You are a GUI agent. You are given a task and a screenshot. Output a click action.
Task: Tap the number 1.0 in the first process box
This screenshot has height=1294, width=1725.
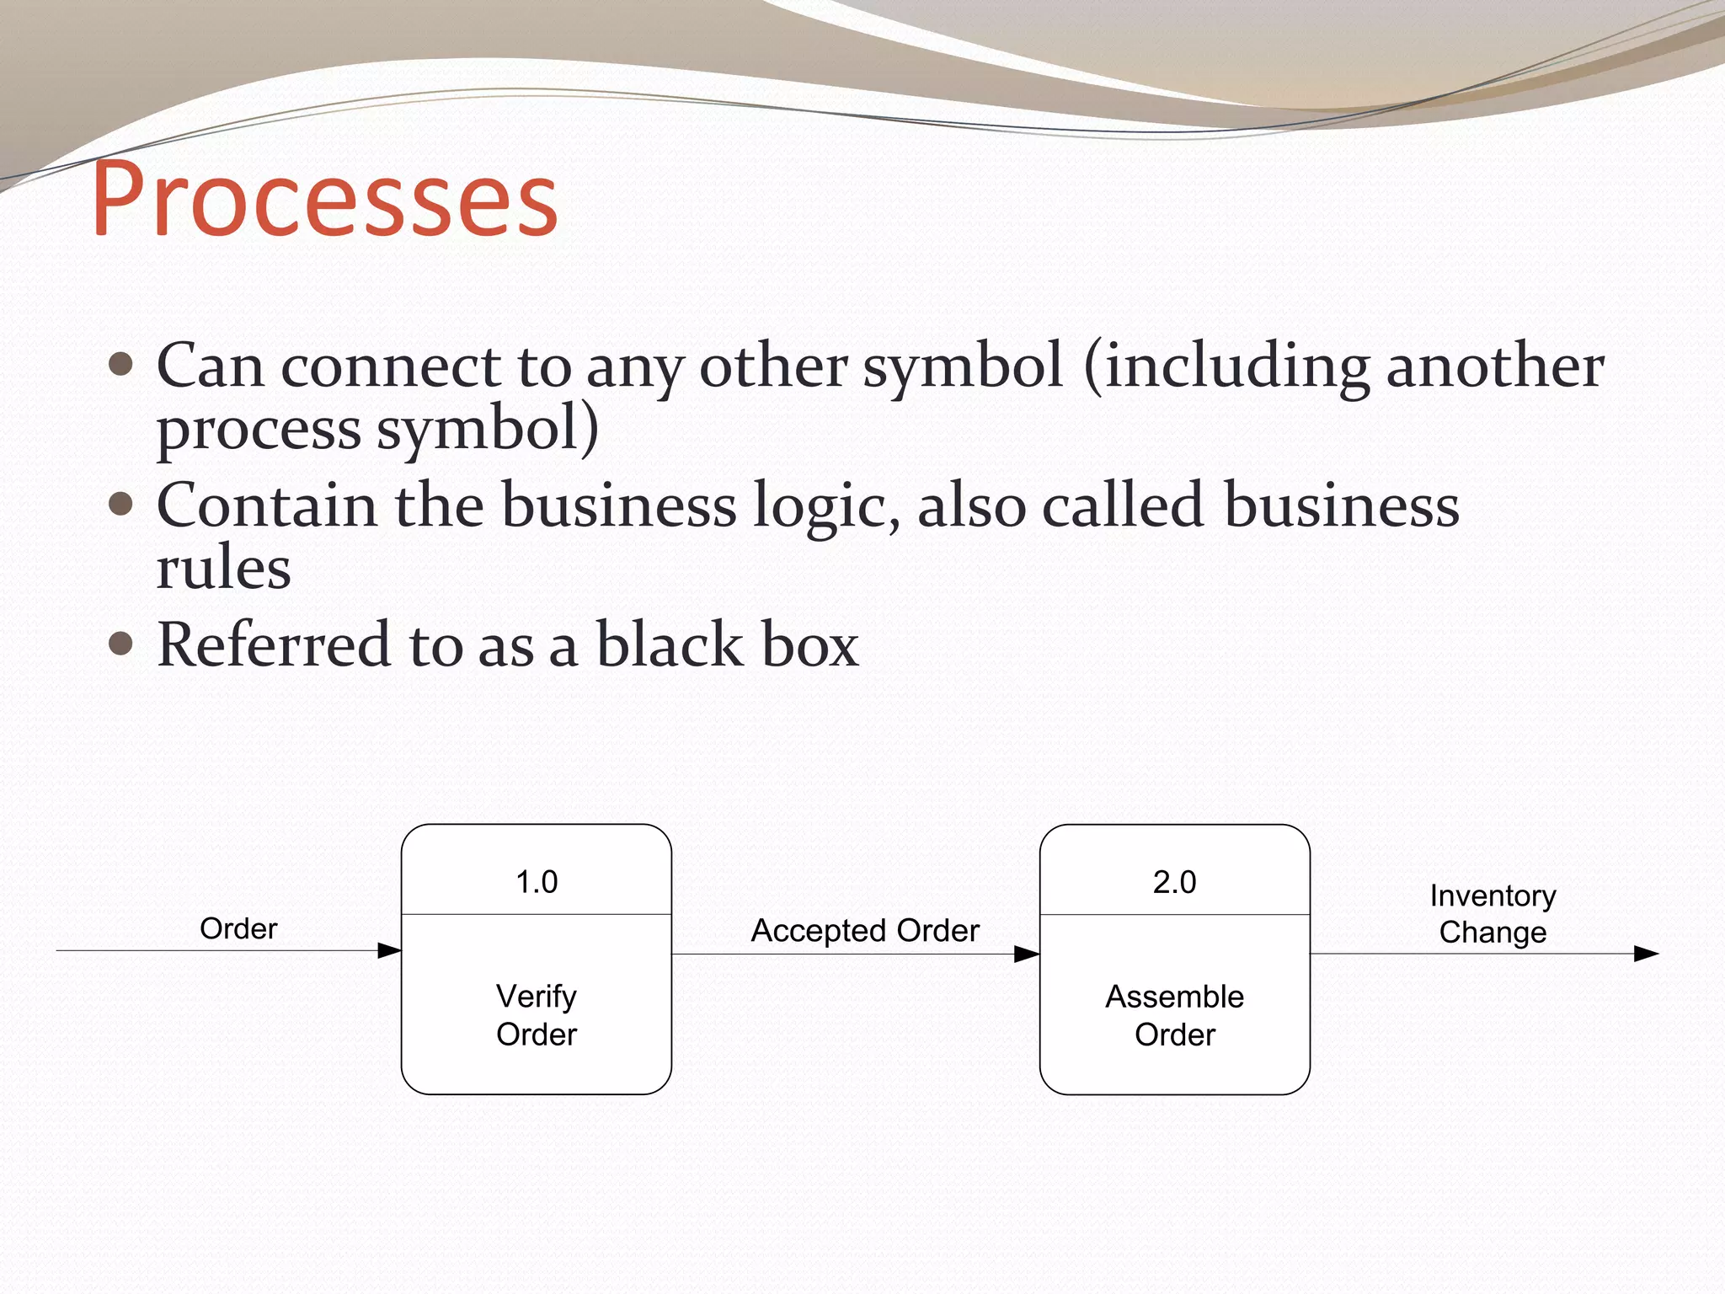point(537,882)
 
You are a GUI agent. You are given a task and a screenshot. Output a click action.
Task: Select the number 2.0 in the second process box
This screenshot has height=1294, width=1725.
point(1174,882)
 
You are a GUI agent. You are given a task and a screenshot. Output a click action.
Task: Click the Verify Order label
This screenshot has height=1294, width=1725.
point(537,1015)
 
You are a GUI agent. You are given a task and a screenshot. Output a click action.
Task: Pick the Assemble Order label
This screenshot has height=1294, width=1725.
point(1174,1015)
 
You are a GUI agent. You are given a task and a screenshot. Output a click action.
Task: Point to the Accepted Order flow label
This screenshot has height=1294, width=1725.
point(865,931)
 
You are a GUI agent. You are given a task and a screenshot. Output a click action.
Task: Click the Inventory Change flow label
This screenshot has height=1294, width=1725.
point(1493,914)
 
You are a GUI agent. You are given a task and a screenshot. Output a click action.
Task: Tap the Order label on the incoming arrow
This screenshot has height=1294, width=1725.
point(238,928)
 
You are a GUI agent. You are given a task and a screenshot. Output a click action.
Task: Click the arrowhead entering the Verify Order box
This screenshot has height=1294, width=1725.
point(389,951)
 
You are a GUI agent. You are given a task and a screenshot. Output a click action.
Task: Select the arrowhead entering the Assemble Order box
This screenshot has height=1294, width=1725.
point(1027,954)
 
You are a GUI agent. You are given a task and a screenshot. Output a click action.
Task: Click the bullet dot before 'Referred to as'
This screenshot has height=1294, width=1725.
point(121,644)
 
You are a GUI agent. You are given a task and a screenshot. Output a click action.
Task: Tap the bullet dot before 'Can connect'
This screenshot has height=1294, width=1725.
point(121,365)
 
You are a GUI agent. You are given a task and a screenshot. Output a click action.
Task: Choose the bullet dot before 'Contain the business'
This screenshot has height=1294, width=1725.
point(121,504)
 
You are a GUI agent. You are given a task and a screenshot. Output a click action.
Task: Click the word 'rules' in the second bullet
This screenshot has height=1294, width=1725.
point(224,568)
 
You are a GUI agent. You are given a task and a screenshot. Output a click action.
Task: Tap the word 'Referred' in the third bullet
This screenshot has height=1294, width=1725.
point(275,644)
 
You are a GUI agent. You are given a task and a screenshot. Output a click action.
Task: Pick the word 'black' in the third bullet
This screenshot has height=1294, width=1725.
point(668,644)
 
